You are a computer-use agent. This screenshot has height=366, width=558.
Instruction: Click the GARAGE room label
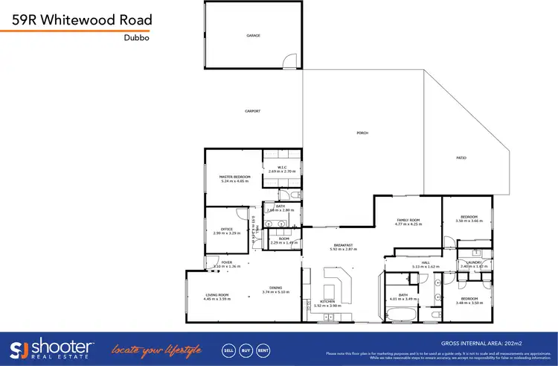(253, 35)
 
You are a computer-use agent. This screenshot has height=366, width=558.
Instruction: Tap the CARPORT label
(253, 111)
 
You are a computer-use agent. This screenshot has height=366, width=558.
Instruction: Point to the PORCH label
(362, 133)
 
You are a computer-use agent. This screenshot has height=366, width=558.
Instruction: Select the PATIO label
(461, 158)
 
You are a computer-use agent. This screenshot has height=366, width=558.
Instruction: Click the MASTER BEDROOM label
(234, 177)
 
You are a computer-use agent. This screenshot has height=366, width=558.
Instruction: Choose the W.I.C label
(283, 167)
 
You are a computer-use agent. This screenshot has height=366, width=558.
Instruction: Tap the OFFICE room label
(228, 230)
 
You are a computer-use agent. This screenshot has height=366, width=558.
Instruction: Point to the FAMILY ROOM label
(408, 221)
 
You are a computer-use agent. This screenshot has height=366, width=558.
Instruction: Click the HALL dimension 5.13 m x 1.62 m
(426, 266)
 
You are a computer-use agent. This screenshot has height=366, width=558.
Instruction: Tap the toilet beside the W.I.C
(295, 195)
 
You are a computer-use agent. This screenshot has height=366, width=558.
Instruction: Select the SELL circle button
(228, 349)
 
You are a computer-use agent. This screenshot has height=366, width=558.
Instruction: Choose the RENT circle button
(263, 349)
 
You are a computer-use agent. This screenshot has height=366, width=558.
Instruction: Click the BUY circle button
(246, 349)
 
